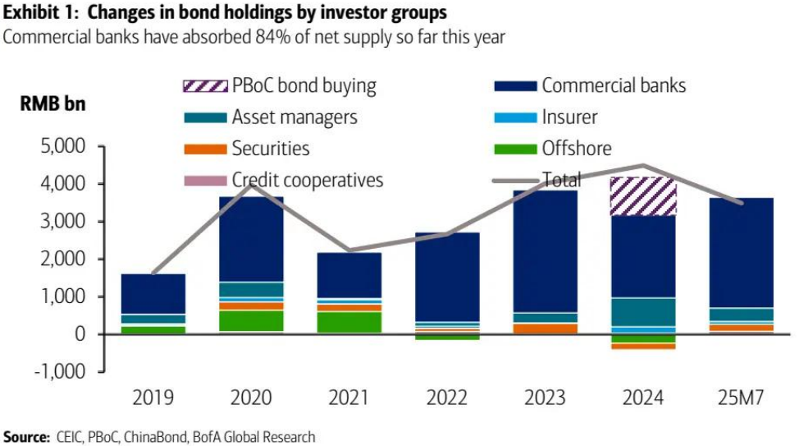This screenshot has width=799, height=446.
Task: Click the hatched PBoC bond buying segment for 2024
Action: coord(645,197)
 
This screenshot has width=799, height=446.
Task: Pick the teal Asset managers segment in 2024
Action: coord(645,312)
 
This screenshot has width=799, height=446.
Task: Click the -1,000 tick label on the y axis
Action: coord(60,371)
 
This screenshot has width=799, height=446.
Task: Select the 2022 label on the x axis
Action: coord(448,398)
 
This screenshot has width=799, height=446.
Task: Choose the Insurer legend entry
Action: coord(569,117)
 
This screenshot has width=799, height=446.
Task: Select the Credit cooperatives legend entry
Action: coord(307,180)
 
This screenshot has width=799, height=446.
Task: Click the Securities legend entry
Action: coord(271,149)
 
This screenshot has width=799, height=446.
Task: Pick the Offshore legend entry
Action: coord(576,149)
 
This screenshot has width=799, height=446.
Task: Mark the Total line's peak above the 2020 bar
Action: coord(250,185)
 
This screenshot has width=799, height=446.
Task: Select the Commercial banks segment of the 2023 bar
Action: coord(546,251)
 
